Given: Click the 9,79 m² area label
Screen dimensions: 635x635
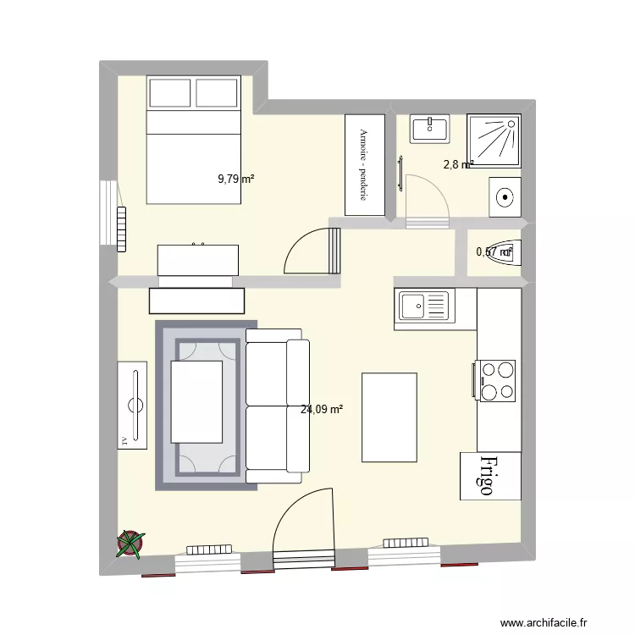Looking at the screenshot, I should click(x=236, y=179).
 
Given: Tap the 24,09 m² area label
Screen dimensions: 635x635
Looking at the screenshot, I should click(x=321, y=409).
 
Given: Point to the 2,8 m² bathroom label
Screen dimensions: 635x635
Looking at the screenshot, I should click(x=458, y=165).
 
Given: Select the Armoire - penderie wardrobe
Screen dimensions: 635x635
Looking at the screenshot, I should click(x=365, y=164).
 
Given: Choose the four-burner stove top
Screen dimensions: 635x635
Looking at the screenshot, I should click(x=497, y=380).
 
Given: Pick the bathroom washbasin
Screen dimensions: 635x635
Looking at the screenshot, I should click(x=429, y=129).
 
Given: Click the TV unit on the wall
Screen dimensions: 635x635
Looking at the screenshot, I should click(x=132, y=406).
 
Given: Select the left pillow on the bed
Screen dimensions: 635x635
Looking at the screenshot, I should click(x=169, y=91).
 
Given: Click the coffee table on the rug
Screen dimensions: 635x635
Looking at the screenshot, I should click(x=196, y=401).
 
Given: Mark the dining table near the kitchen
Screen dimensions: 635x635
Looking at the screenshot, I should click(x=389, y=417).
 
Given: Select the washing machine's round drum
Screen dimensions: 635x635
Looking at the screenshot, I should click(x=505, y=196).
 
